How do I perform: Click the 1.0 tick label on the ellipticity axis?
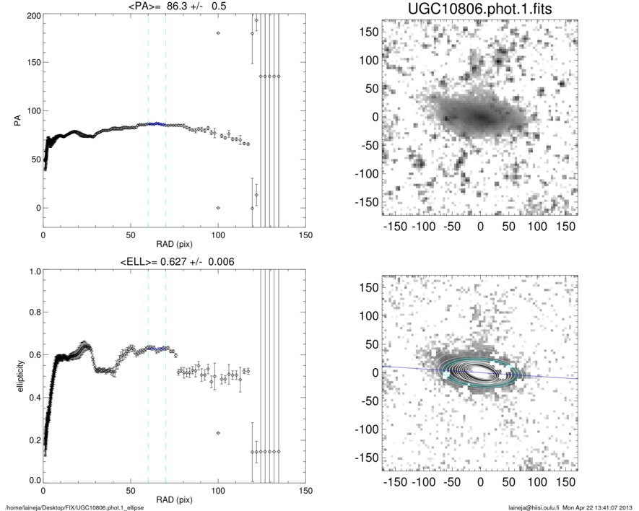point(32,271)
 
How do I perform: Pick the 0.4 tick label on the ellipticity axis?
point(32,397)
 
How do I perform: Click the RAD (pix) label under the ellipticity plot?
point(174,500)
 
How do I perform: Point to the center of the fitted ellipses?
point(479,372)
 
